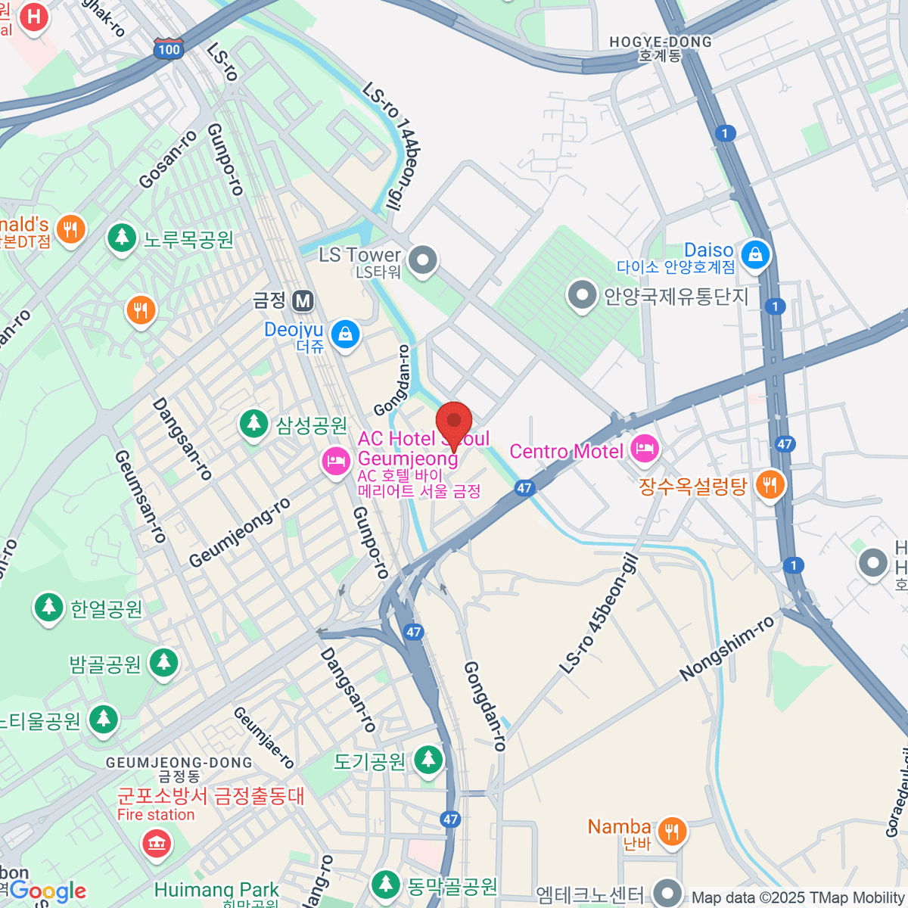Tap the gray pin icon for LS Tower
point(423,261)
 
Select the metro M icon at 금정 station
point(303,301)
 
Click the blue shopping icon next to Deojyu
point(346,334)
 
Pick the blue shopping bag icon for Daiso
point(755,255)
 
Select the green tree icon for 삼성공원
point(254,423)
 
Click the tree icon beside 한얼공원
point(49,608)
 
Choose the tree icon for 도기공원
point(428,760)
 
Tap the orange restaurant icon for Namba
point(671,831)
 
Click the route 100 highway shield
point(168,49)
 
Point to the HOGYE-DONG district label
point(661,42)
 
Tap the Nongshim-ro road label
point(726,648)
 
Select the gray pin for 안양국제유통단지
point(583,296)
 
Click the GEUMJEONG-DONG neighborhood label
point(179,763)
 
